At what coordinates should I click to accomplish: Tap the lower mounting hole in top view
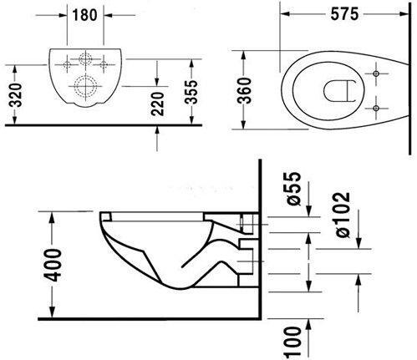coord(379,107)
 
